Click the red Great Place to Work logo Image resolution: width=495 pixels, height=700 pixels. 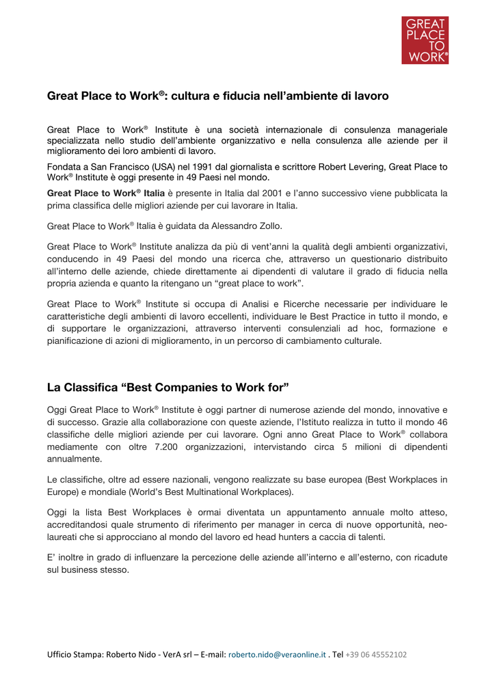(x=425, y=40)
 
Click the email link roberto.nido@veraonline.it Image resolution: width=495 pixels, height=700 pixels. (x=277, y=654)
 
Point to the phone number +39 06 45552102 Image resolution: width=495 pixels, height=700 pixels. (x=375, y=654)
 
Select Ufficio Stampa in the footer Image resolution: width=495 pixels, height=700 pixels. (x=75, y=654)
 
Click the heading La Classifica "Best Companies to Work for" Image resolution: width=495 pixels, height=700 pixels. (x=168, y=388)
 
